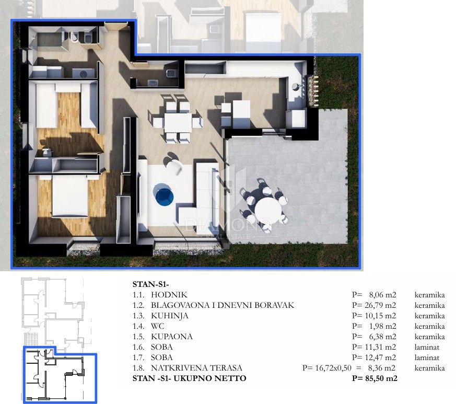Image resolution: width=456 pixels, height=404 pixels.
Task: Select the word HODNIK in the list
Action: click(168, 295)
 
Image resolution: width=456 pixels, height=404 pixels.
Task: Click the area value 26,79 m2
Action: click(378, 305)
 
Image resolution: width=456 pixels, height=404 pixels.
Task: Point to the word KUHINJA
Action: click(170, 316)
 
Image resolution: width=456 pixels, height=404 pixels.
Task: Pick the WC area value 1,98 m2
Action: click(381, 326)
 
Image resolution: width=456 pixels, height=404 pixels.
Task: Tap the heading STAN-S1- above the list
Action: click(150, 285)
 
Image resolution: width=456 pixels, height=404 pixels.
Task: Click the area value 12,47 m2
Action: click(378, 357)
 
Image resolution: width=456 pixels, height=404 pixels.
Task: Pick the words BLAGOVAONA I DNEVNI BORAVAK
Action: click(223, 305)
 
